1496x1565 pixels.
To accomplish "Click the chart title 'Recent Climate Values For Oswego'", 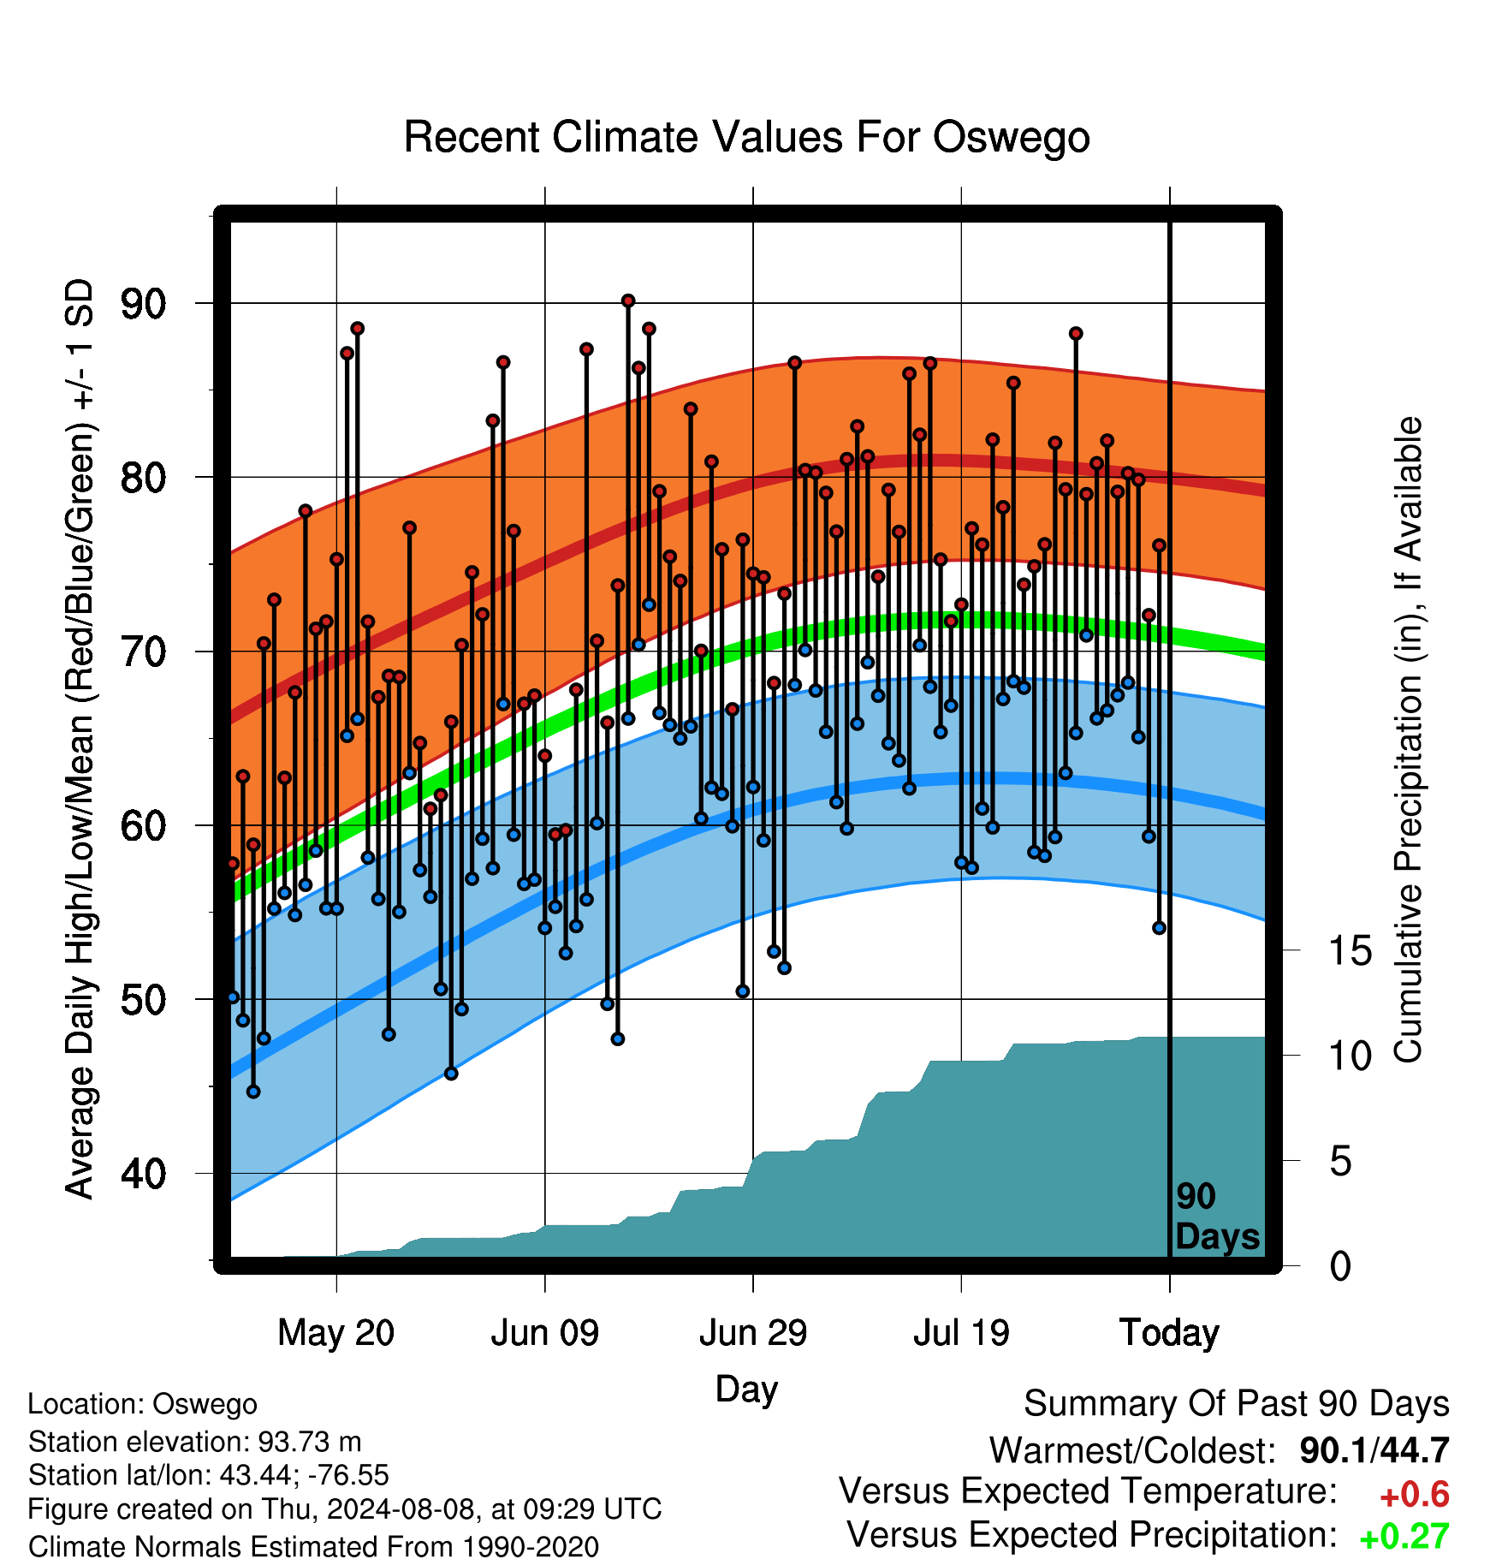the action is (746, 137).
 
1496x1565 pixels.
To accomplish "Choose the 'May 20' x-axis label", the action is (336, 1333).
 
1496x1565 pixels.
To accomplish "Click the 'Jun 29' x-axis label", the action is (753, 1333).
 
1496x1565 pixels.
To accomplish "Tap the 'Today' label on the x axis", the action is (1169, 1333).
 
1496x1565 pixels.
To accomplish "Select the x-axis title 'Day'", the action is (746, 1389).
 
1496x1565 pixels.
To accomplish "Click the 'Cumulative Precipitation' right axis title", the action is (1408, 740).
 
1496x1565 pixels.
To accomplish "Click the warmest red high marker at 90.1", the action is (628, 301).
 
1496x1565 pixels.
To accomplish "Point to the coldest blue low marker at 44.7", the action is (253, 1092).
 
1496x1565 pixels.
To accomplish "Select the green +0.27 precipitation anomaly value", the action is (1404, 1537).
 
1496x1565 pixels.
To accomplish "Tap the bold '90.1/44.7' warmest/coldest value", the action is (1374, 1450).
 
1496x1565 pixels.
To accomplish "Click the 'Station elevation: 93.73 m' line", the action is (195, 1442).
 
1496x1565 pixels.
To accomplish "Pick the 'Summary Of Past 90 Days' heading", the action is (1237, 1404).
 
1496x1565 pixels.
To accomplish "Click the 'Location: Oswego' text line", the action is (143, 1405).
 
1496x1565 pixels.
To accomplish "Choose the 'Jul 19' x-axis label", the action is (961, 1333).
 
